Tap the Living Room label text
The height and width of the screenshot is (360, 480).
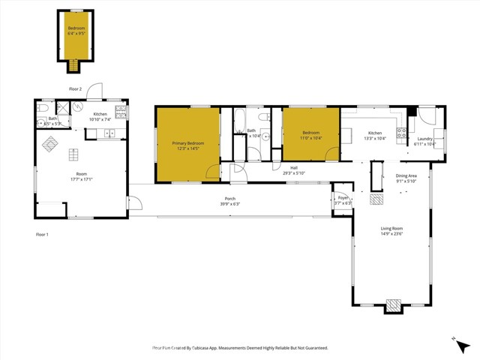click(x=391, y=228)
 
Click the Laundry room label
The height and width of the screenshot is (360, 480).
click(x=424, y=138)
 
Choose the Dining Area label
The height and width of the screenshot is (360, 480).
click(x=406, y=175)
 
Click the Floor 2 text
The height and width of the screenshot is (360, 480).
click(x=75, y=88)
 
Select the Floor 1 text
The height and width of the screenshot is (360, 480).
click(x=42, y=235)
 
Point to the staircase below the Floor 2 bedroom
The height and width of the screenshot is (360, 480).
click(x=73, y=67)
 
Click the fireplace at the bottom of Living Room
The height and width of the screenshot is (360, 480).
click(x=392, y=305)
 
